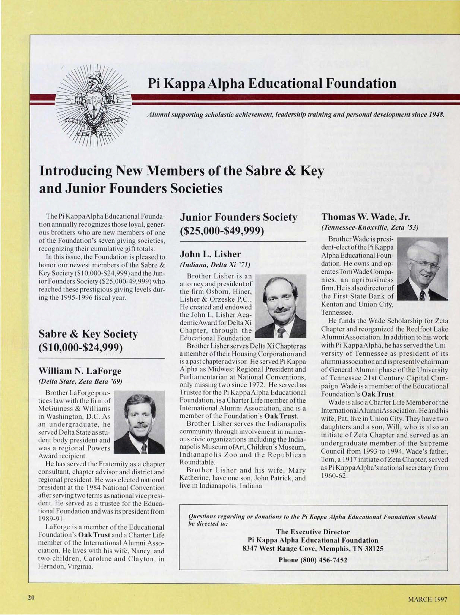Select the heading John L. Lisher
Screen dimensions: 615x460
tap(210, 254)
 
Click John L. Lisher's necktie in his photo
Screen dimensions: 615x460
tap(282, 332)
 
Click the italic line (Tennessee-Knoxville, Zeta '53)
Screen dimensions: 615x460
tap(370, 227)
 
